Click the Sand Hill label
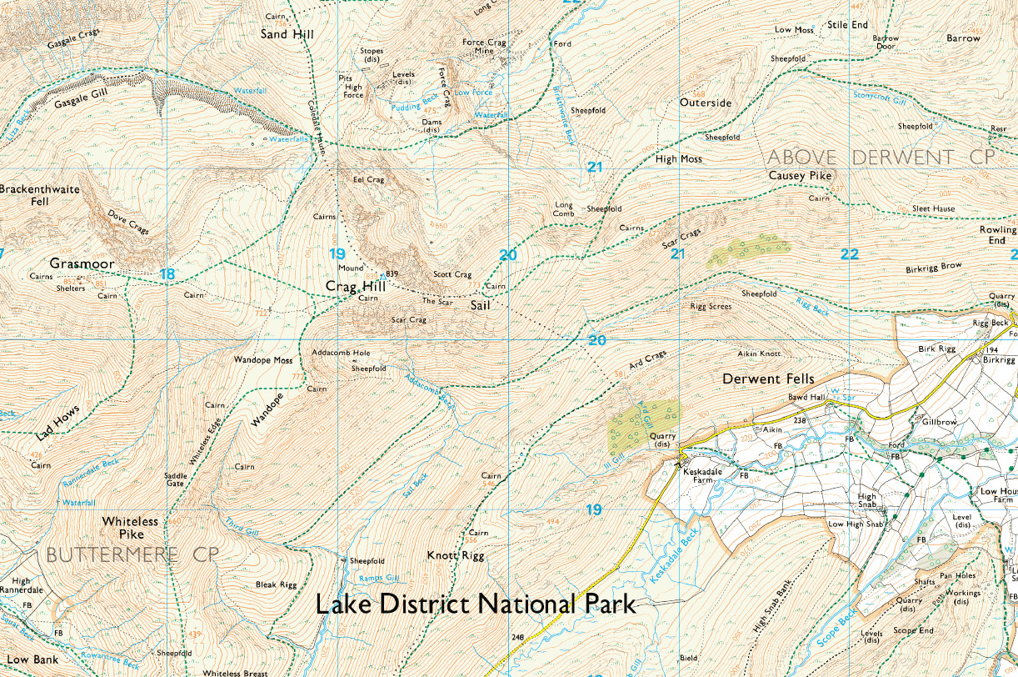(x=287, y=34)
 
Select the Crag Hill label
(x=355, y=286)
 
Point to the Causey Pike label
(x=800, y=176)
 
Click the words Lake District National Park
(x=475, y=604)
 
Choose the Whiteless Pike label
(x=130, y=527)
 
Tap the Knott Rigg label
(x=455, y=555)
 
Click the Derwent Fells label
(x=768, y=379)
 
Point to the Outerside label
(x=705, y=103)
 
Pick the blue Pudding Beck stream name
(x=407, y=107)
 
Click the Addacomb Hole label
(x=341, y=354)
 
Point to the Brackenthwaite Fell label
(x=40, y=195)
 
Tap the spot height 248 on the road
(x=516, y=638)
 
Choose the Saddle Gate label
(x=175, y=479)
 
